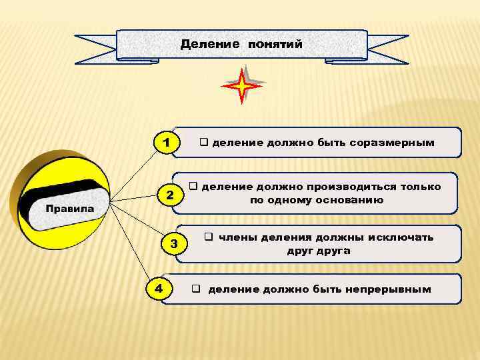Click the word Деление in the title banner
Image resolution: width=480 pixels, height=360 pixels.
pos(209,45)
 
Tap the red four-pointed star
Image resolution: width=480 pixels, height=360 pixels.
pos(243,85)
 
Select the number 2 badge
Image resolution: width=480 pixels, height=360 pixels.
pos(170,196)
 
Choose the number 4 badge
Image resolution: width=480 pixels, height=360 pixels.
pos(158,288)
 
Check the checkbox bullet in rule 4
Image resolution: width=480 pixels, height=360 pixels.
pos(197,289)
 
